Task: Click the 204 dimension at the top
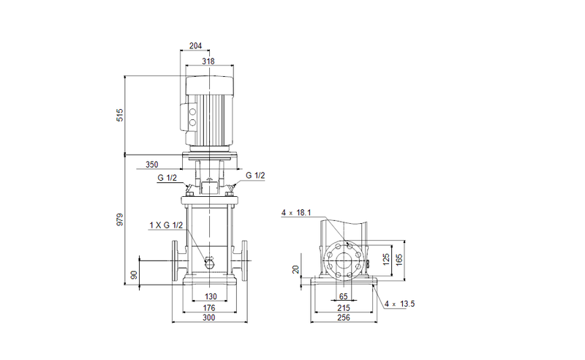pos(195,45)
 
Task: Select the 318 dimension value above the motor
pos(208,61)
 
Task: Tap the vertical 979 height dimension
pos(120,219)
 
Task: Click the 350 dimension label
pos(151,165)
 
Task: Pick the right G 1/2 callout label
pos(255,176)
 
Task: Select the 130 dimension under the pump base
pos(210,296)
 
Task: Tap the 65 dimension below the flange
pos(344,296)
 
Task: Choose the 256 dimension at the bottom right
pos(344,319)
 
